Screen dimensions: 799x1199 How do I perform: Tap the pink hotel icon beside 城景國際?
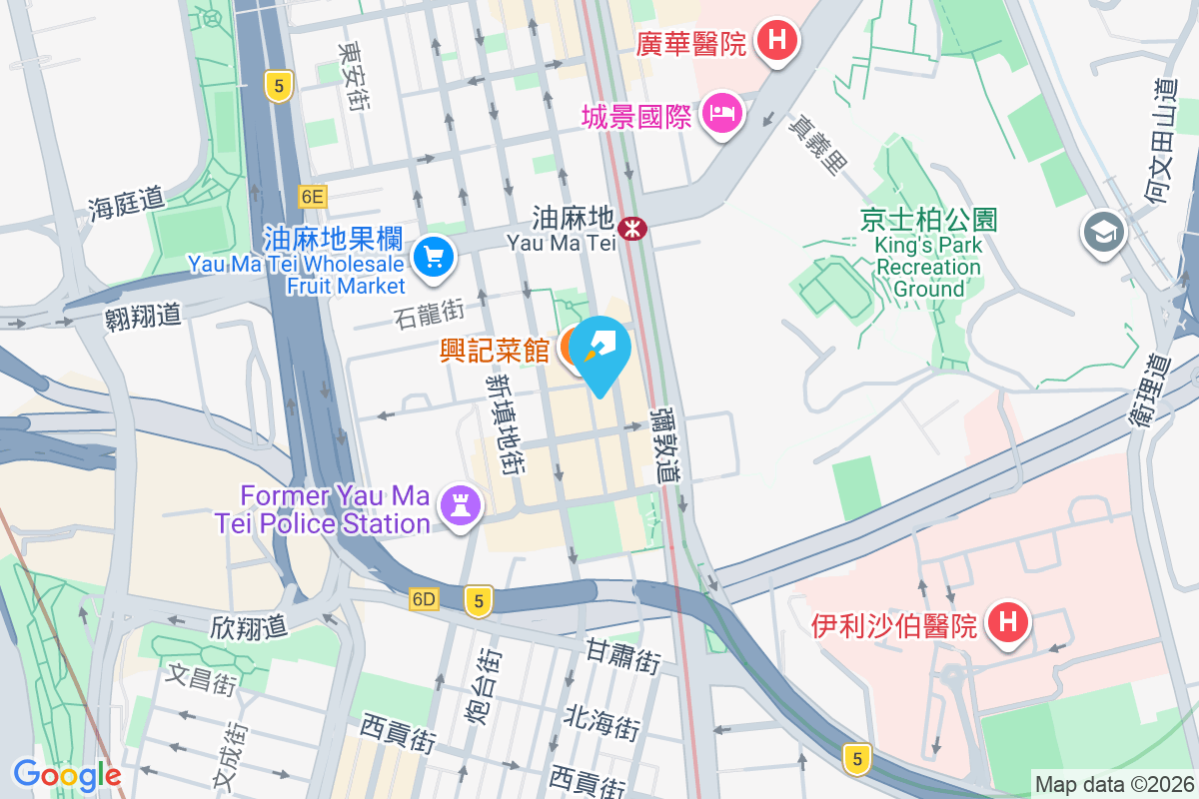pyautogui.click(x=720, y=112)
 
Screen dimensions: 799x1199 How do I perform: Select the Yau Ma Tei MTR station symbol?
pyautogui.click(x=631, y=229)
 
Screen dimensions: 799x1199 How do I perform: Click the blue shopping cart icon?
pyautogui.click(x=435, y=259)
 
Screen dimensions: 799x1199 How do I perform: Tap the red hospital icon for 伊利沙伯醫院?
pyautogui.click(x=1007, y=623)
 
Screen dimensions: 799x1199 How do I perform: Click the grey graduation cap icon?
pyautogui.click(x=1104, y=234)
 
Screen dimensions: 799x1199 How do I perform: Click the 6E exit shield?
pyautogui.click(x=312, y=196)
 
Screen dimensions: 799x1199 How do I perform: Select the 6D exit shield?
pyautogui.click(x=425, y=599)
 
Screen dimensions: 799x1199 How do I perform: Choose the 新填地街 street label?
pyautogui.click(x=505, y=423)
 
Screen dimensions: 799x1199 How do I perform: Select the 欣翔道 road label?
pyautogui.click(x=249, y=627)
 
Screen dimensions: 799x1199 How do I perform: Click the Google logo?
pyautogui.click(x=67, y=775)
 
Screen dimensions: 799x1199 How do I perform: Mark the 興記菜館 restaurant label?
pyautogui.click(x=495, y=352)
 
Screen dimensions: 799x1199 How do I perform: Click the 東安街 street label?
pyautogui.click(x=352, y=77)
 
